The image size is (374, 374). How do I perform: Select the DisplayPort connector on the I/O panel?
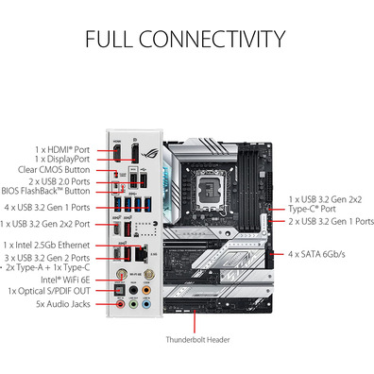(x=135, y=153)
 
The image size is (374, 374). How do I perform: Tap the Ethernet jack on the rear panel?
(x=142, y=252)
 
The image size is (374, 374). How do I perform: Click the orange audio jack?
(x=146, y=290)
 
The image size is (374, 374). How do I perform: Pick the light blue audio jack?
(x=146, y=304)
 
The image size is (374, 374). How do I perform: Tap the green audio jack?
(x=133, y=304)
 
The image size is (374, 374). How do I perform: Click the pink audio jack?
(x=121, y=304)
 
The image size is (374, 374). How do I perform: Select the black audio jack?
(x=133, y=290)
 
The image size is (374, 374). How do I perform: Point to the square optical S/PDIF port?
(x=120, y=290)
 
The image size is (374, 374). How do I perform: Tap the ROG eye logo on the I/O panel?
(x=150, y=154)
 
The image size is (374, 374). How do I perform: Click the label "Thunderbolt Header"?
(x=197, y=340)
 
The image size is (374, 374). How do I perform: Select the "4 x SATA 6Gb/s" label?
(x=316, y=254)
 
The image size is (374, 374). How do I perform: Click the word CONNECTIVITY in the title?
(x=212, y=39)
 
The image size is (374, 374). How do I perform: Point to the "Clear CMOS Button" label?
(x=54, y=170)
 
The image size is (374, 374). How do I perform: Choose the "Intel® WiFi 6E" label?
(x=65, y=280)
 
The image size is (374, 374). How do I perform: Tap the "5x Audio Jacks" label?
(x=63, y=304)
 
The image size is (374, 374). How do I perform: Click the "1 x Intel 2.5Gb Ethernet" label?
(x=46, y=245)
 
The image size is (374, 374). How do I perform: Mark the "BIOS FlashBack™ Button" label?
(x=45, y=191)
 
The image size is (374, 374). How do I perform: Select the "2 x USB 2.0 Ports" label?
(x=59, y=181)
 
